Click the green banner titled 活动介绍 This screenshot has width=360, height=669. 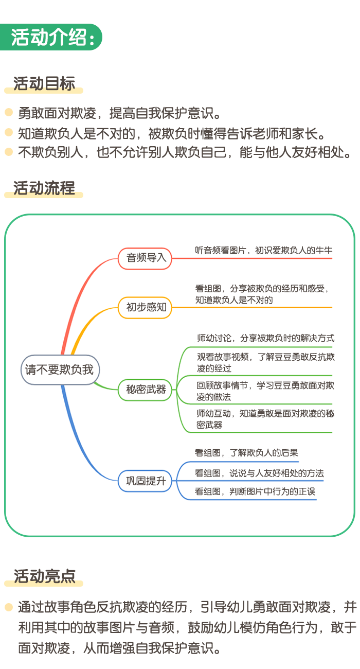click(51, 37)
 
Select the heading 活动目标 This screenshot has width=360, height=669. click(44, 83)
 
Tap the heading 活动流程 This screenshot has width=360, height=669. click(44, 188)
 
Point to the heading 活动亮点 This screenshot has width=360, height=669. click(44, 576)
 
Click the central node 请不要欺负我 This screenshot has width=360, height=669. click(60, 369)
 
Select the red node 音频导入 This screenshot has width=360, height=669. click(145, 258)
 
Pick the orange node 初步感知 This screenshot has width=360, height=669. click(145, 307)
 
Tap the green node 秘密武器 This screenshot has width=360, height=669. click(145, 390)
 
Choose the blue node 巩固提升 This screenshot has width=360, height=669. click(145, 481)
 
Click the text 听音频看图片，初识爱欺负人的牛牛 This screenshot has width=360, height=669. click(264, 250)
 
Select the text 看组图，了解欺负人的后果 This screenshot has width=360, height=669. click(246, 453)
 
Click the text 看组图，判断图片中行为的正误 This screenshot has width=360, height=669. click(255, 491)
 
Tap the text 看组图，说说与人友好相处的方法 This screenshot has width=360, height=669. click(259, 473)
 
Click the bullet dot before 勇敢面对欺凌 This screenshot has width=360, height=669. click(9, 112)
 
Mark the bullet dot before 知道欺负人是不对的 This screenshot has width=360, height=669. click(9, 132)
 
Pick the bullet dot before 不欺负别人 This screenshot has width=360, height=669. click(9, 151)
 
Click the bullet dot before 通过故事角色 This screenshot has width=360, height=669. click(9, 607)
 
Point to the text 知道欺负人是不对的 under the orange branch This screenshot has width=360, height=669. click(234, 300)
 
